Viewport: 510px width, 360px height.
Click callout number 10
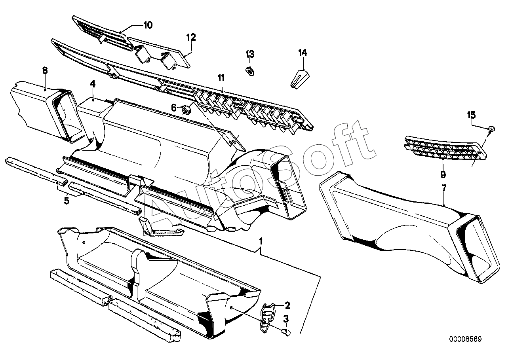[x=147, y=25]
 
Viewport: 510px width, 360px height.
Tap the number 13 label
[x=250, y=54]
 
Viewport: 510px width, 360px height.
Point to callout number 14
[x=303, y=53]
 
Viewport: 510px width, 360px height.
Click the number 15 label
[x=471, y=115]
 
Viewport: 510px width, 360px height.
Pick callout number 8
[x=45, y=70]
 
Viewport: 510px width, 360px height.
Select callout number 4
[x=93, y=84]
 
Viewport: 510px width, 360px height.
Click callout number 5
[x=67, y=201]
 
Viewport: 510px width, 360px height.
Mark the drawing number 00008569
[x=465, y=339]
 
